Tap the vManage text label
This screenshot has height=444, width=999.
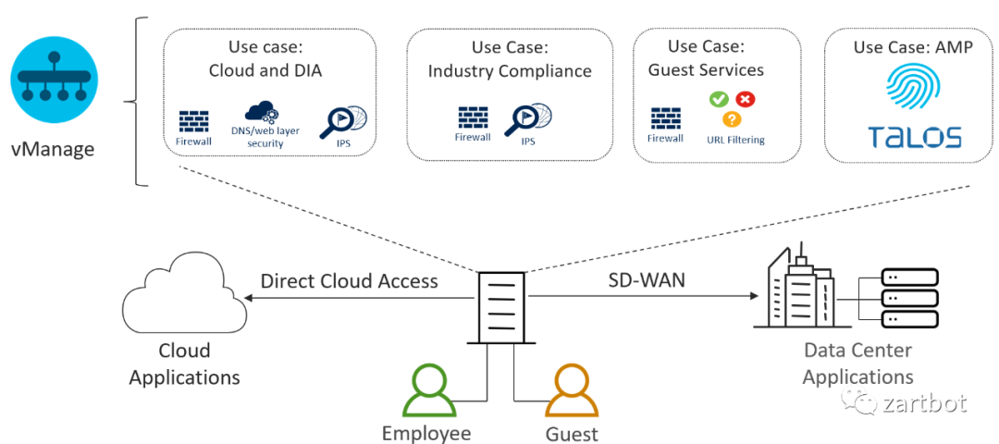[x=53, y=149]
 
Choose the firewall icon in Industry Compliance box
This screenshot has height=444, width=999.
[x=473, y=118]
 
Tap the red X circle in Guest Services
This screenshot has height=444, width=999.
[x=745, y=98]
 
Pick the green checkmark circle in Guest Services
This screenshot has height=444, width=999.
[x=718, y=98]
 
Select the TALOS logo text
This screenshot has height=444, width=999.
[x=914, y=138]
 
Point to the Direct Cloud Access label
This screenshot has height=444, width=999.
[x=349, y=281]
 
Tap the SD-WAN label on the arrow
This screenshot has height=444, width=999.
[x=647, y=279]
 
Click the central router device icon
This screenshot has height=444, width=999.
[x=501, y=309]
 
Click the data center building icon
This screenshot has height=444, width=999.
[x=796, y=288]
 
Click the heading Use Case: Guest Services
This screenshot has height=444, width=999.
[x=706, y=57]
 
